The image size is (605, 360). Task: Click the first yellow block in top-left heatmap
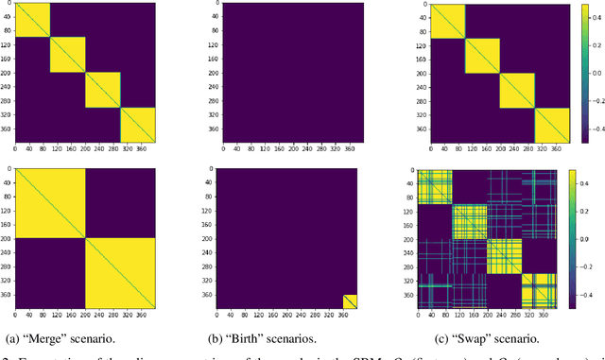pos(32,20)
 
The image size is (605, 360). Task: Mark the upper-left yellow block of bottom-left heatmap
pos(50,203)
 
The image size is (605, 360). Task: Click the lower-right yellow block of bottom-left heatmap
pos(121,273)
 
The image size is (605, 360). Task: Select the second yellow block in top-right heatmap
pos(482,55)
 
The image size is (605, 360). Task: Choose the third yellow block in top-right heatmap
pos(517,90)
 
